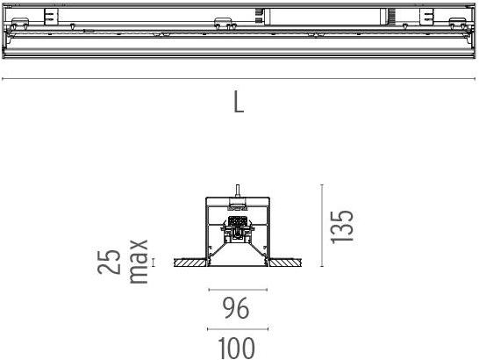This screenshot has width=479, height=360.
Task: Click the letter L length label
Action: (x=239, y=102)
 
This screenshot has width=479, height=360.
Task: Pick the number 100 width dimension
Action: (x=236, y=348)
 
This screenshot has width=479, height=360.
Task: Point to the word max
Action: (x=139, y=261)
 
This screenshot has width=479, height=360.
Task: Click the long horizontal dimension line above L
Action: (x=239, y=80)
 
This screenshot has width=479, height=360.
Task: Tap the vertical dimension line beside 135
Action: (x=324, y=226)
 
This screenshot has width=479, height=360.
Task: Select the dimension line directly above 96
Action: (x=237, y=290)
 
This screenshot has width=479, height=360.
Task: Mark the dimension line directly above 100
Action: (x=237, y=329)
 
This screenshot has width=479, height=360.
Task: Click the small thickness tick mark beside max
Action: (x=153, y=262)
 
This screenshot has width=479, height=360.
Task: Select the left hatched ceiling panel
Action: (x=190, y=262)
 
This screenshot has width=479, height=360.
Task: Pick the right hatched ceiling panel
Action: (x=282, y=262)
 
